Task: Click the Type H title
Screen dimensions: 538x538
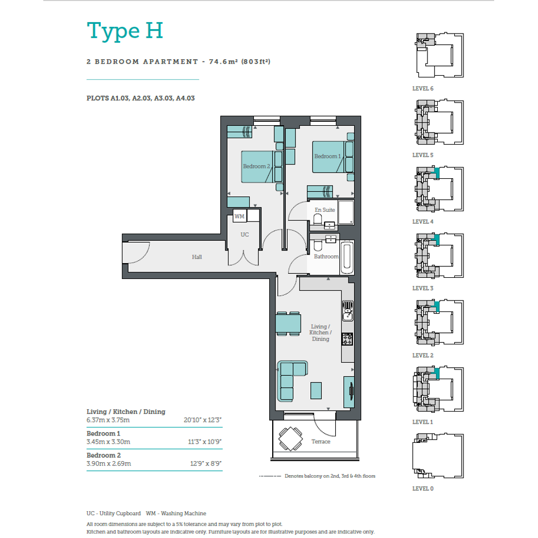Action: pos(125,31)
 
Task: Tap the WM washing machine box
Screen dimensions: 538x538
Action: pos(240,216)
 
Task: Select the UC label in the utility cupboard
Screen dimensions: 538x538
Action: pos(245,235)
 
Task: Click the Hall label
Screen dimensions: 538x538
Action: pos(197,257)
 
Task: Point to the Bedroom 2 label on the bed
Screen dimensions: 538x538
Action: pos(257,166)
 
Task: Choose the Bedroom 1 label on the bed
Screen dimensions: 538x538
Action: pos(328,157)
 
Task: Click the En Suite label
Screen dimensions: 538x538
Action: pos(325,210)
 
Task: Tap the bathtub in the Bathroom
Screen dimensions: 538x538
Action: pos(347,257)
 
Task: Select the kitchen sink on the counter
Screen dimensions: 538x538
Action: pos(348,311)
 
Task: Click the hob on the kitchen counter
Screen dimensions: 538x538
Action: pos(347,339)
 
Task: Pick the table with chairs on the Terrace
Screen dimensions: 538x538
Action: pos(290,438)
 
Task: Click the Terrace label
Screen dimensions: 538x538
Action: pos(321,442)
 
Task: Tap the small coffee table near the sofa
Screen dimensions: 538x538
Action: pos(316,391)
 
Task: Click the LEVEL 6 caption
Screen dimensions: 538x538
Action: pos(422,88)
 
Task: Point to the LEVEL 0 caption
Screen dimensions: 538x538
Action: pos(422,488)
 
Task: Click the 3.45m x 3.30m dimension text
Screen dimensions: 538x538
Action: pos(108,442)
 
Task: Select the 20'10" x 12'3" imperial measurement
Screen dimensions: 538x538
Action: pos(203,420)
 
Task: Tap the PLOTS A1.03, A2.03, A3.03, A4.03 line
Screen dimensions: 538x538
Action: pos(141,98)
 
